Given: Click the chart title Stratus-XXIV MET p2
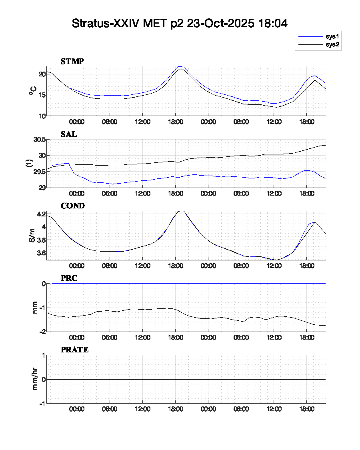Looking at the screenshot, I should pos(180,23).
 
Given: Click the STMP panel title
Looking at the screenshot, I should pos(72,61).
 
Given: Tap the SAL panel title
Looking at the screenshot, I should pos(69,134).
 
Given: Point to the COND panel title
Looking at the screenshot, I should pos(72,206).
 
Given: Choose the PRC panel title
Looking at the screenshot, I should pos(69,278).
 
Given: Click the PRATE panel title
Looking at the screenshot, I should pos(74,350).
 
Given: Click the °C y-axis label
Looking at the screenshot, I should pos(32,91).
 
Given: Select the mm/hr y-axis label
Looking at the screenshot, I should pos(35,379).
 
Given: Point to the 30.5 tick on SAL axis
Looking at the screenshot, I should pos(39,140).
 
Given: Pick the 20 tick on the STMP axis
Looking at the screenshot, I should pos(42,74).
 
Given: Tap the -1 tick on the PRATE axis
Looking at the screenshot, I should pos(41,403).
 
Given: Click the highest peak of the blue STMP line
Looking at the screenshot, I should pos(180,66).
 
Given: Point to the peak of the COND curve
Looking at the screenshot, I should pos(181,211).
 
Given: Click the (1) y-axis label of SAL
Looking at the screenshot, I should pos(29,163).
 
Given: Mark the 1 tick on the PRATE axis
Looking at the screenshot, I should pos(42,355).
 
